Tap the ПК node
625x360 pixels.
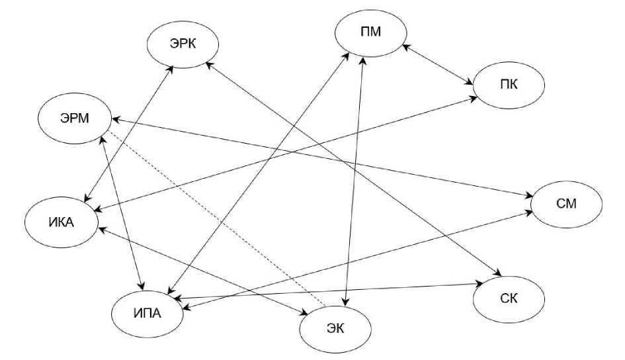508,85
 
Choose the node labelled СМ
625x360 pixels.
567,203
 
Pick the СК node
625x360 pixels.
509,298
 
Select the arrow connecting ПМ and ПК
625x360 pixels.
437,65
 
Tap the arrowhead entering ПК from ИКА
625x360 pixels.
476,98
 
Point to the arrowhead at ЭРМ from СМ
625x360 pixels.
114,120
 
